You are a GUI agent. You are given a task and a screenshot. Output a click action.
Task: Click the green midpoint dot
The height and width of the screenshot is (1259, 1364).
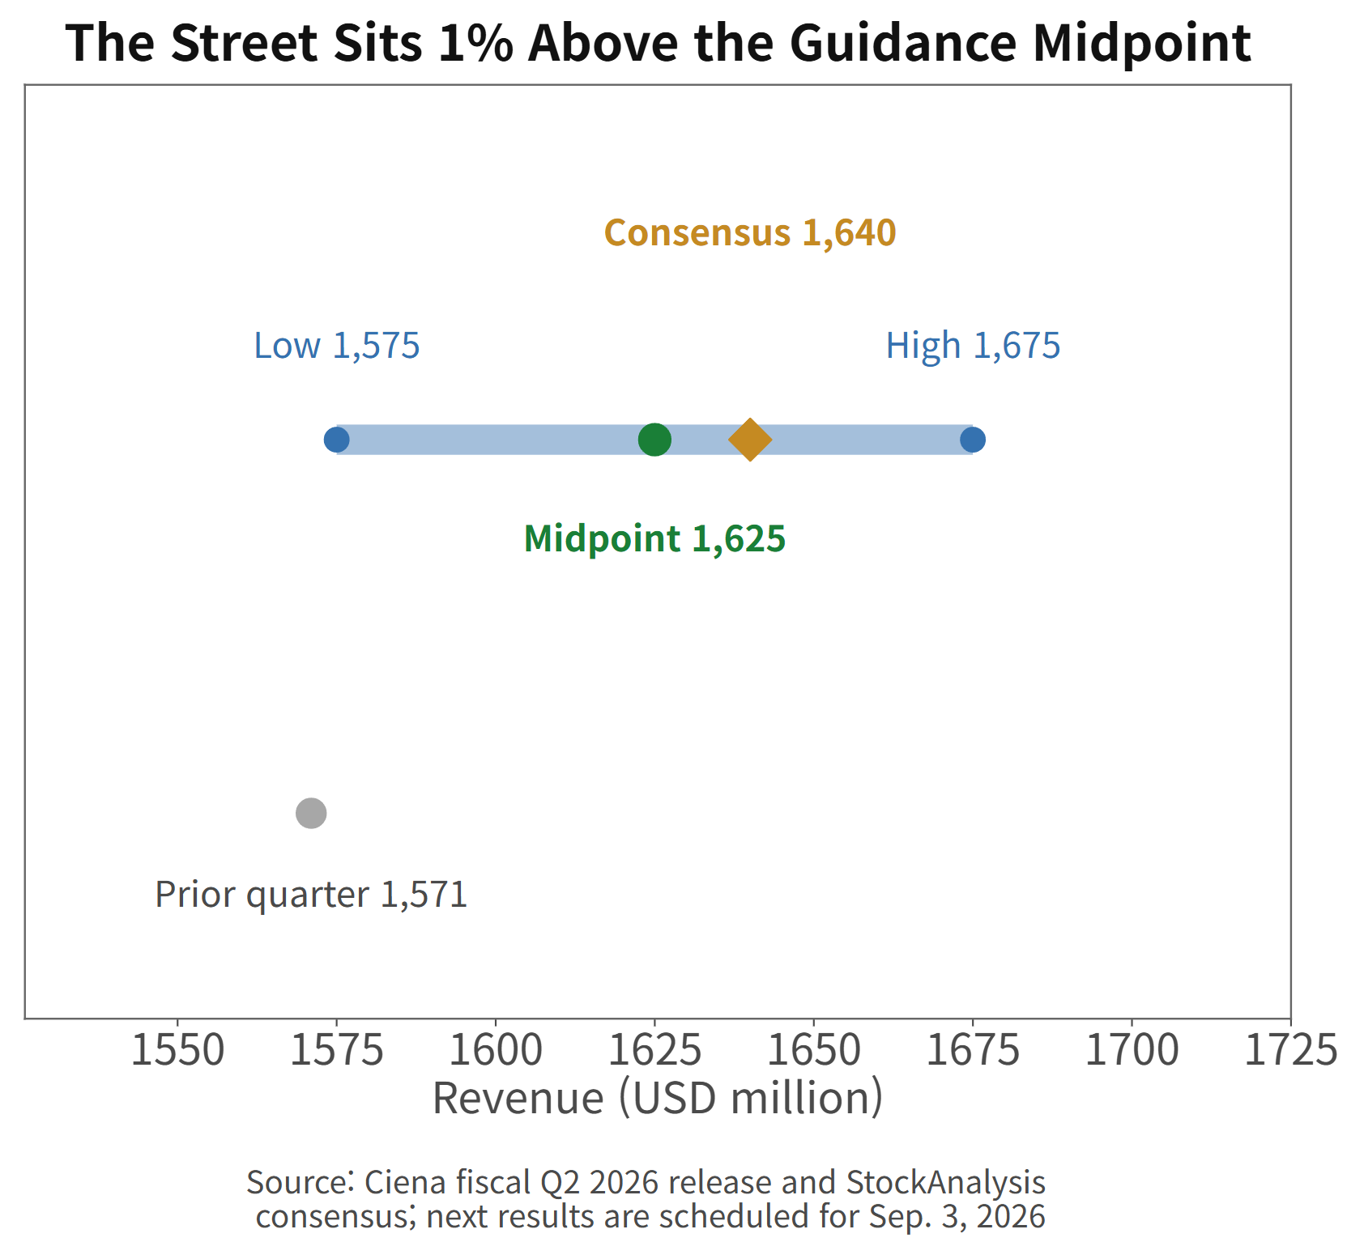(x=654, y=440)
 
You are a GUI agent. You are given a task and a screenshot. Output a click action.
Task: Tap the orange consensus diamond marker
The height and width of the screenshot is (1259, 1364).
(x=750, y=440)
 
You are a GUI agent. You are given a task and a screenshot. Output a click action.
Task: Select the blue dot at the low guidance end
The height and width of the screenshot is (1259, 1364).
(x=336, y=440)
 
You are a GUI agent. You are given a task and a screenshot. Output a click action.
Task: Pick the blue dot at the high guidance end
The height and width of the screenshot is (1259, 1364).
(x=973, y=440)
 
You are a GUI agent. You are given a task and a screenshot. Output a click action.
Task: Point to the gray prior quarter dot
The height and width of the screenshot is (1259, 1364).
(x=311, y=813)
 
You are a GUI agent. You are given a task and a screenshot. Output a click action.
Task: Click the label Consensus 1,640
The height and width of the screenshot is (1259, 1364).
(x=750, y=233)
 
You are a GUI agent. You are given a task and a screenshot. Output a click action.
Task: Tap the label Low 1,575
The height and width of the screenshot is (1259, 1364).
(x=337, y=346)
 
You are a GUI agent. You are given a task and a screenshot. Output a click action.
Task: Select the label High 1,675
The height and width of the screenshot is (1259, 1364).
(x=973, y=346)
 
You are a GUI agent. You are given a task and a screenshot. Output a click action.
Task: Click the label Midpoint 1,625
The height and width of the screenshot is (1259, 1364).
(x=654, y=538)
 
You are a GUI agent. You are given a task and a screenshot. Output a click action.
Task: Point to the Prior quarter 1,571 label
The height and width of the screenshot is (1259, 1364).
(x=311, y=895)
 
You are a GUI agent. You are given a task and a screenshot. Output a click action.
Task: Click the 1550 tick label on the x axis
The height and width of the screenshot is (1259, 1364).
(x=177, y=1051)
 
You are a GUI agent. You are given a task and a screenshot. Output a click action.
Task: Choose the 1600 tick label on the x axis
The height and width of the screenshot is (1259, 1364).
(x=496, y=1051)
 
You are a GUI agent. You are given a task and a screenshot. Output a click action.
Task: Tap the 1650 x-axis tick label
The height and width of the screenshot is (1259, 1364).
(x=813, y=1051)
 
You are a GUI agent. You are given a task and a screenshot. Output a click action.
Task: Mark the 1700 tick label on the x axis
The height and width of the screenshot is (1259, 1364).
(x=1132, y=1051)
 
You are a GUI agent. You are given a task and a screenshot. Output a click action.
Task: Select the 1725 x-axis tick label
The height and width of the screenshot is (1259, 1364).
(x=1290, y=1051)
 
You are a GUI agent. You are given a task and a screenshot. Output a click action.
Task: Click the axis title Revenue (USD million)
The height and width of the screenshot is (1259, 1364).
(x=658, y=1099)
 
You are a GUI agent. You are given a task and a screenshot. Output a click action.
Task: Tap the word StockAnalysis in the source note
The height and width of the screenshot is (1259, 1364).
(x=946, y=1183)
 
